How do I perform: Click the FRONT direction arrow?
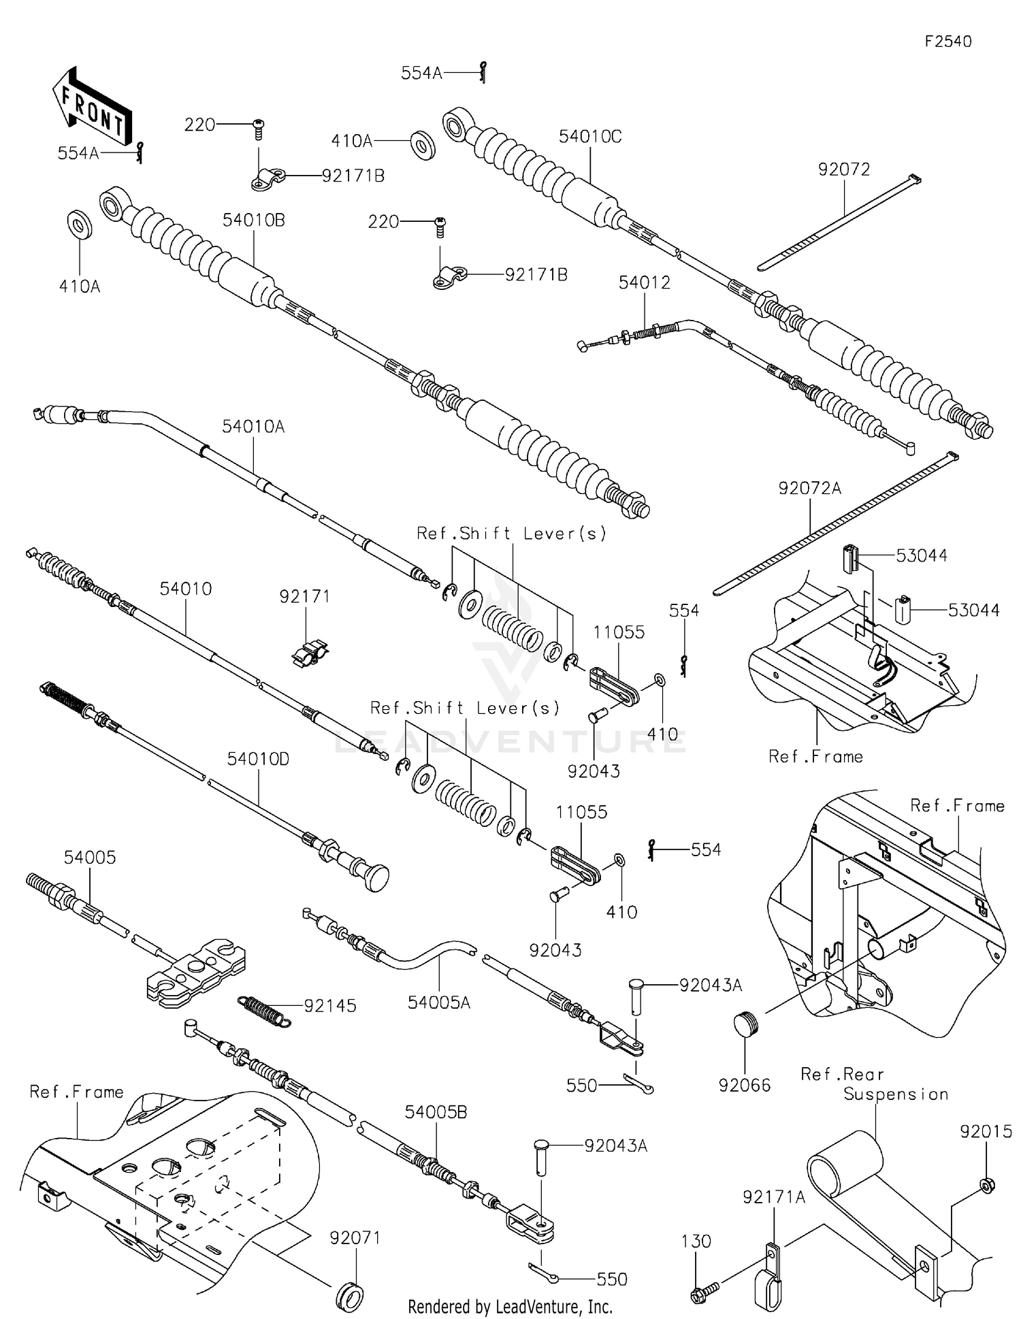click(x=92, y=108)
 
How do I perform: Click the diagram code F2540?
click(x=947, y=42)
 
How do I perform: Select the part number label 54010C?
click(x=589, y=137)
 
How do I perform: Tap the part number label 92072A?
click(x=809, y=489)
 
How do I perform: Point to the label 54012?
click(x=644, y=282)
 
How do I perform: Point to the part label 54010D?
click(x=258, y=759)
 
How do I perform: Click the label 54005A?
click(x=438, y=1003)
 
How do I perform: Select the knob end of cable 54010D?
click(x=374, y=877)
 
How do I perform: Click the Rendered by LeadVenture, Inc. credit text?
click(x=510, y=1307)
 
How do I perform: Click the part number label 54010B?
click(x=253, y=221)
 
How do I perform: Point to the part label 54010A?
click(x=253, y=427)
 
